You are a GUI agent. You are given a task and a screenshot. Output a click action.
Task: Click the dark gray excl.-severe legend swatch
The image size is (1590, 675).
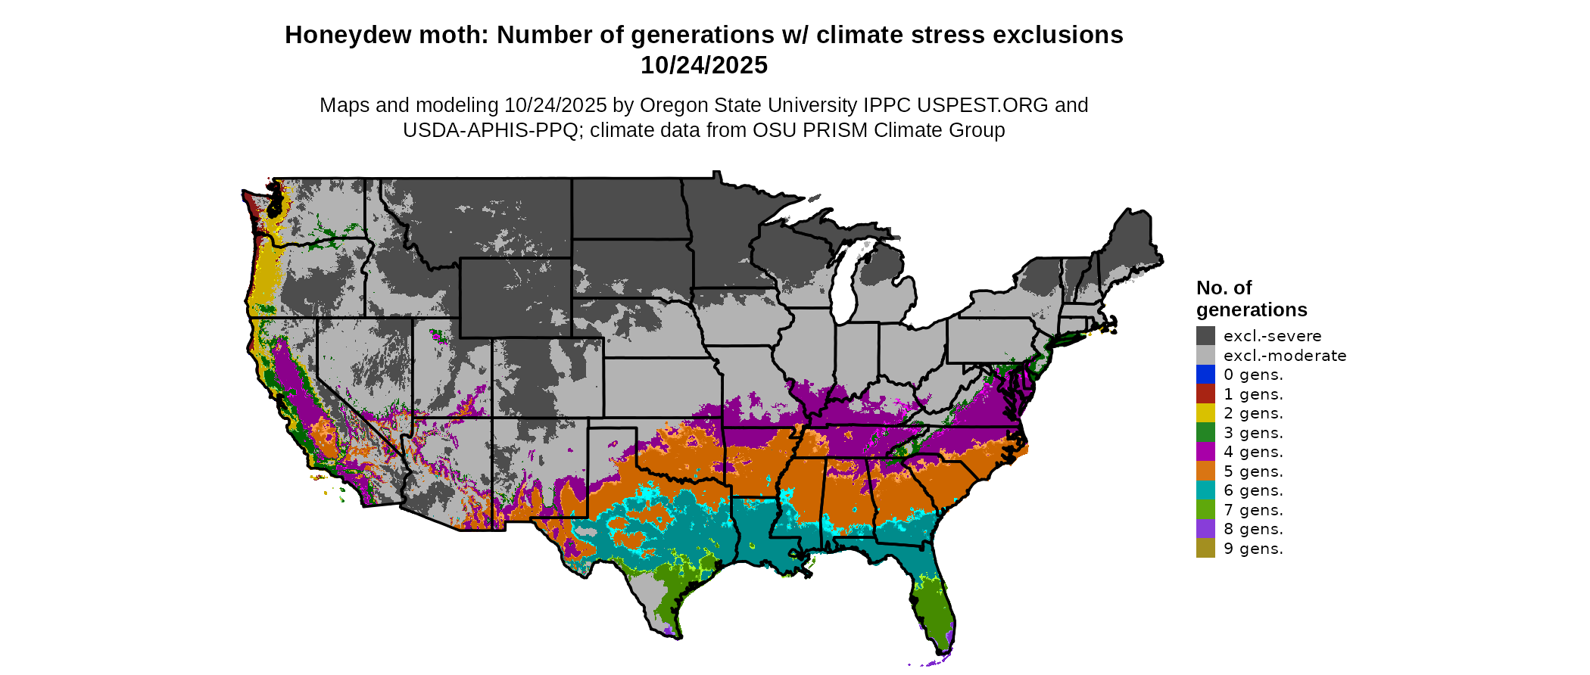[1205, 336]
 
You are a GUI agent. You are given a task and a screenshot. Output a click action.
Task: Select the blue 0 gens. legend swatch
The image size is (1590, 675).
[1205, 375]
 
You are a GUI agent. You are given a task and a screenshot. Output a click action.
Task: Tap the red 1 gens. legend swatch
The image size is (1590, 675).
[1205, 394]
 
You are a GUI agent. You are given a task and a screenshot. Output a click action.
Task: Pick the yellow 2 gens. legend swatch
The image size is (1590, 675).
[1205, 413]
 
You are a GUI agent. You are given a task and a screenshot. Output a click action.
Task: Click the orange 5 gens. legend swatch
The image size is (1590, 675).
[1205, 471]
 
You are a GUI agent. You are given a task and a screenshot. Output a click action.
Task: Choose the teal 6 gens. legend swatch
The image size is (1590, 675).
[1205, 490]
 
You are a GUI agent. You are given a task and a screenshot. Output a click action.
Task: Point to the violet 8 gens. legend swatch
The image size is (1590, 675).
[1205, 529]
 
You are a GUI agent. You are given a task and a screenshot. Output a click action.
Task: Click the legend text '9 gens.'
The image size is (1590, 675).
[1253, 549]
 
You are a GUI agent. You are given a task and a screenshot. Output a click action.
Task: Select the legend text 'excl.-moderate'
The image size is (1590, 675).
[1285, 356]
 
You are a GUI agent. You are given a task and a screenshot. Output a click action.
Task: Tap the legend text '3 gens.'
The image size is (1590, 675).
[1253, 433]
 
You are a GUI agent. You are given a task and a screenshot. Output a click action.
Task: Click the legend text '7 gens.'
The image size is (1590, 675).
[1253, 510]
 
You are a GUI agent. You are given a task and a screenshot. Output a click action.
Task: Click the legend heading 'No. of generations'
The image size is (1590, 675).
[1251, 299]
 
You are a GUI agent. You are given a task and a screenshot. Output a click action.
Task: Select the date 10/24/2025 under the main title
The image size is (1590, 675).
[704, 66]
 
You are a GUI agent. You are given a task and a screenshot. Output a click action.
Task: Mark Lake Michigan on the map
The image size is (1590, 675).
[846, 284]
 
